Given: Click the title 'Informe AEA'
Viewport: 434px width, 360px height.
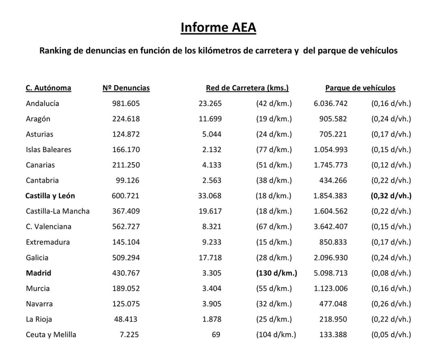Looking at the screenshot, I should pos(218,28).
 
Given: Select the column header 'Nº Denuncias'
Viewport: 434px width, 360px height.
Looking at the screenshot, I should pos(126,88).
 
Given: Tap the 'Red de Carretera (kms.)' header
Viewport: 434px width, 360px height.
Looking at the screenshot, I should pos(247,88).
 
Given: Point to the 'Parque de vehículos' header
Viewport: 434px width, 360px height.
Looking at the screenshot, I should pos(360,88).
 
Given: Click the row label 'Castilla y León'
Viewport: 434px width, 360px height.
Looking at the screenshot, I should pos(50,196).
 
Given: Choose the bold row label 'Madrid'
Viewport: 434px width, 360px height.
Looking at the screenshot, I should pos(39,273).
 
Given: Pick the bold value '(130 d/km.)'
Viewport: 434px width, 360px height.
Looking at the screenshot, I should pos(276,273).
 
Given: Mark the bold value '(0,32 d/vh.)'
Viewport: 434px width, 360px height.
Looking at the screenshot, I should pos(391,196).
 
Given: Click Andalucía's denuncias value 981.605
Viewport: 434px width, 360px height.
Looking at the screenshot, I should pos(126,103).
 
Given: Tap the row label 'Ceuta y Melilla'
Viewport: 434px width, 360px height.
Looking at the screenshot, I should pos(51,335).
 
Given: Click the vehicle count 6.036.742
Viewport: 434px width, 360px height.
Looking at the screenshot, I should pos(330,103).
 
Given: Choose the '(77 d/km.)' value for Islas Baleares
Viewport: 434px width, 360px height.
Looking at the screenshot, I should pos(274,150).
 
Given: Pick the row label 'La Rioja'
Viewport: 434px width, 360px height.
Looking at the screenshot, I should pos(39,319).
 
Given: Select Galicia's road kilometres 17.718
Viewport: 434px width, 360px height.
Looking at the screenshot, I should pos(210,257).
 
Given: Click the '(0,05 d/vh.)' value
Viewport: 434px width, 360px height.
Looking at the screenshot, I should pos(391,335).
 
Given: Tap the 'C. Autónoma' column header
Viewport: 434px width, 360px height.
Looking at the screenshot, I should pos(48,88).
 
